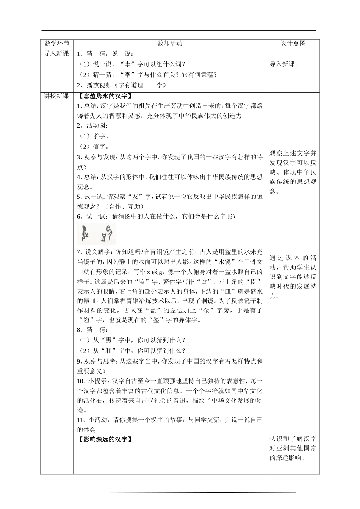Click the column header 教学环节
pyautogui.click(x=56, y=43)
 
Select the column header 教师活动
pyautogui.click(x=170, y=43)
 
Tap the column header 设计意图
pyautogui.click(x=293, y=43)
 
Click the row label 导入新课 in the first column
pyautogui.click(x=56, y=54)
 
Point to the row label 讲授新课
pyautogui.click(x=56, y=96)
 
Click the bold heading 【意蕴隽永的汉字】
pyautogui.click(x=105, y=96)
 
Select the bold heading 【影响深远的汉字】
pyautogui.click(x=105, y=439)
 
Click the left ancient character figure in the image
pyautogui.click(x=86, y=234)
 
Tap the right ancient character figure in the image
pyautogui.click(x=107, y=233)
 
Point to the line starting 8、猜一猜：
pyautogui.click(x=91, y=330)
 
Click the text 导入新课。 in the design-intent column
pyautogui.click(x=284, y=64)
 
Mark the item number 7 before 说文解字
pyautogui.click(x=78, y=251)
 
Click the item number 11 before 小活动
pyautogui.click(x=80, y=420)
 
